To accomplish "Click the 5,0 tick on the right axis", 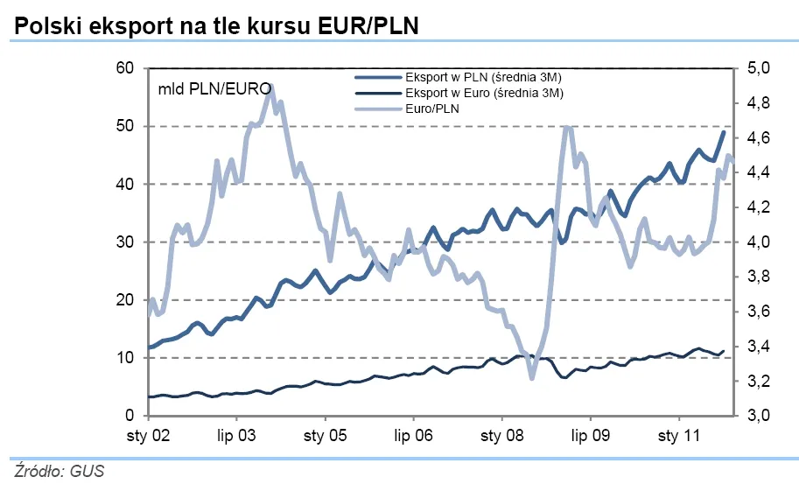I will coord(758,68).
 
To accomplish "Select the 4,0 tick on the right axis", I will coord(758,242).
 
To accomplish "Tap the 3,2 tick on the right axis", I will coord(758,382).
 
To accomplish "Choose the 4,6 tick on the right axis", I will coord(758,138).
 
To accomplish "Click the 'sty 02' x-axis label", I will coord(148,435).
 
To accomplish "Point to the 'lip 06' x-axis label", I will coord(413,435).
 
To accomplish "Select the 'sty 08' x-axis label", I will coord(502,435).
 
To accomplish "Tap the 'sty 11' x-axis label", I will coord(680,435).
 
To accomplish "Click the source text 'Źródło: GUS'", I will coord(59,473).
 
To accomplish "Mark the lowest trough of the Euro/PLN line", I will coord(531,378).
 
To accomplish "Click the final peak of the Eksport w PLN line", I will coord(724,131).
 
